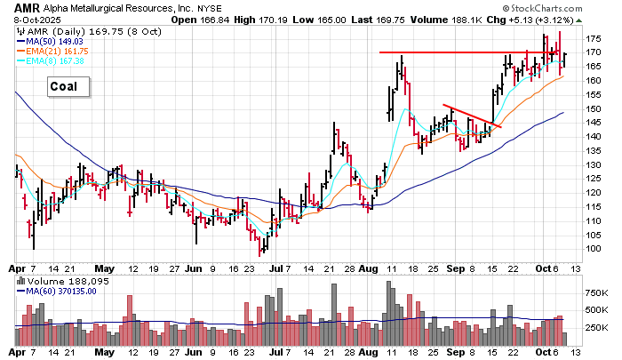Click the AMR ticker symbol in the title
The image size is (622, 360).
(x=26, y=7)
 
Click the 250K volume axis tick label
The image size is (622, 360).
(x=594, y=327)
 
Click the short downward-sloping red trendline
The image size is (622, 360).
(x=471, y=116)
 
